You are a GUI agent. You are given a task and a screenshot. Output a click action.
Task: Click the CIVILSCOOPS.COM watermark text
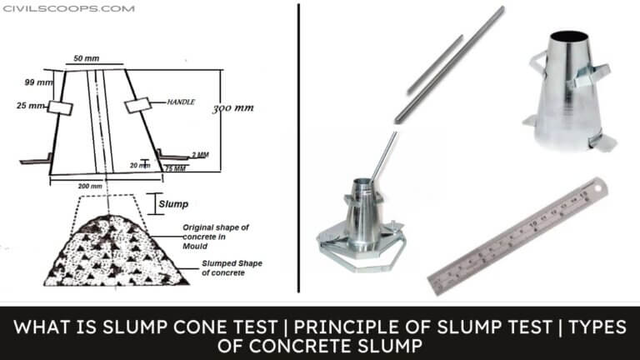68,8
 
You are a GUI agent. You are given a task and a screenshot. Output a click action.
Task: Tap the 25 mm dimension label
32,107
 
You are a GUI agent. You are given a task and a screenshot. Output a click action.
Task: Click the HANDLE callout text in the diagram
179,102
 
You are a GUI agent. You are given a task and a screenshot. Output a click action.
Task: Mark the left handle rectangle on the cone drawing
57,107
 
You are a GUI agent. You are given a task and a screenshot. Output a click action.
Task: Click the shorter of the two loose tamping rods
434,64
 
